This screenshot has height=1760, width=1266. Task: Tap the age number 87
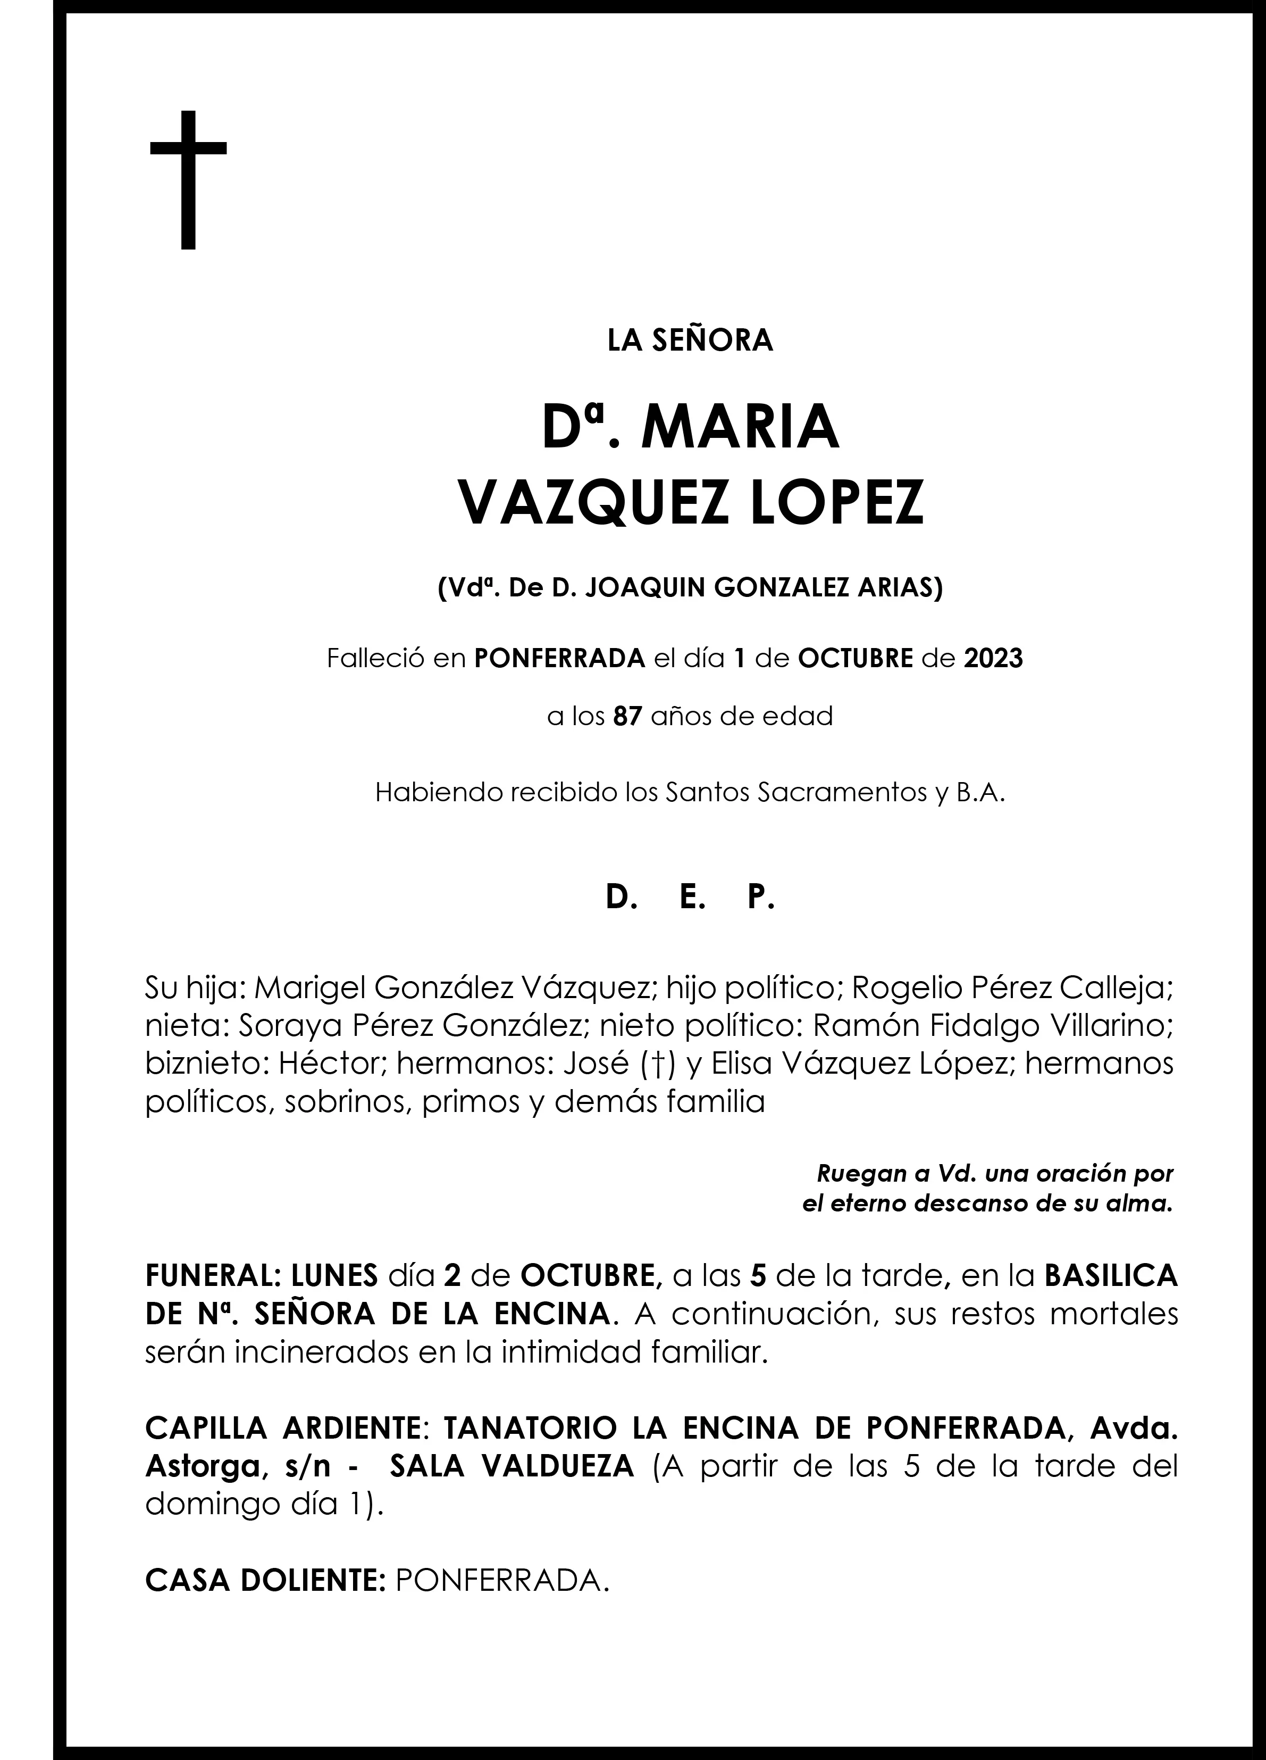[x=627, y=716]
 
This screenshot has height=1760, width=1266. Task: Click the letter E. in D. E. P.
[x=689, y=898]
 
